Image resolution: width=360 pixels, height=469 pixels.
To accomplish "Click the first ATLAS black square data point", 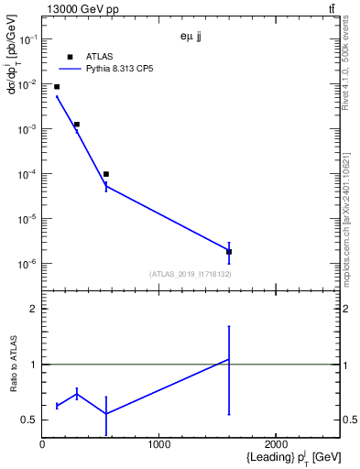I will (57, 87).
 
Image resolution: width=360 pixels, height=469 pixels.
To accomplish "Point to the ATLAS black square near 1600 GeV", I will (229, 251).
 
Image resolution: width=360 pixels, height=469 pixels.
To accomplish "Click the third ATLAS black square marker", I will (106, 174).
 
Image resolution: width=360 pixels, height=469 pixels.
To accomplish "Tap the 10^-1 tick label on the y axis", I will (27, 39).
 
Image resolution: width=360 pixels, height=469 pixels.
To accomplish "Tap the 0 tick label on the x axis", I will (42, 444).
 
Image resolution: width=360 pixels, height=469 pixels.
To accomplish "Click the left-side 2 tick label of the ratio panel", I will (34, 310).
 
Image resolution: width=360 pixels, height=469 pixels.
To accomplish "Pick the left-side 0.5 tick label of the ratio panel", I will (30, 420).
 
